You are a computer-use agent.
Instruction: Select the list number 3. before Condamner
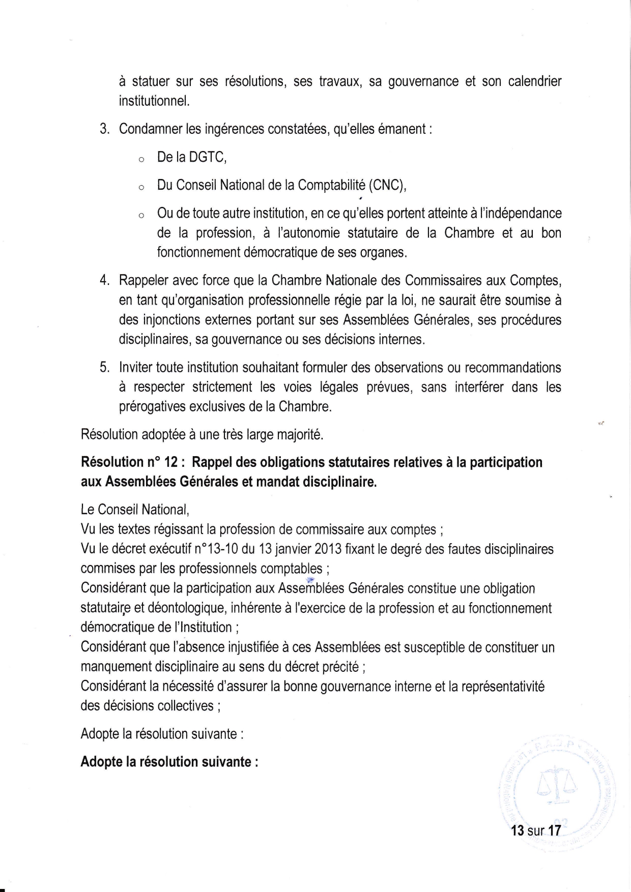point(104,129)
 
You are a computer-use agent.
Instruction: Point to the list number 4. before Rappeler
point(104,280)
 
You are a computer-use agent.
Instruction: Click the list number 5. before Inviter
point(104,367)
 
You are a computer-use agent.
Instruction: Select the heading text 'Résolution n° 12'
point(128,462)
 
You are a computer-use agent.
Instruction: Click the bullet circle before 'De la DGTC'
point(140,160)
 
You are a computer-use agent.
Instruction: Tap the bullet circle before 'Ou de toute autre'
point(140,216)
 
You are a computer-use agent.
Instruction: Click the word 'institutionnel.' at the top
point(147,101)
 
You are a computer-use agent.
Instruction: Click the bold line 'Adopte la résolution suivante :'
point(169,762)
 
